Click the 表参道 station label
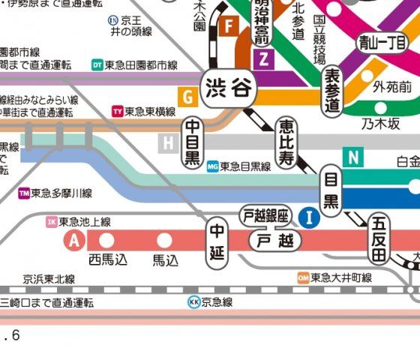point(332,91)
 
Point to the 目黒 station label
point(330,190)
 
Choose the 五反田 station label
point(379,238)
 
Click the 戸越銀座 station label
point(264,216)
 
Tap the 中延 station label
point(217,242)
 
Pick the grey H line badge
point(169,142)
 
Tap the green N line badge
point(352,157)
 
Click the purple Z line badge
point(263,59)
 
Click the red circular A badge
point(73,241)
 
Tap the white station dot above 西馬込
point(106,241)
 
